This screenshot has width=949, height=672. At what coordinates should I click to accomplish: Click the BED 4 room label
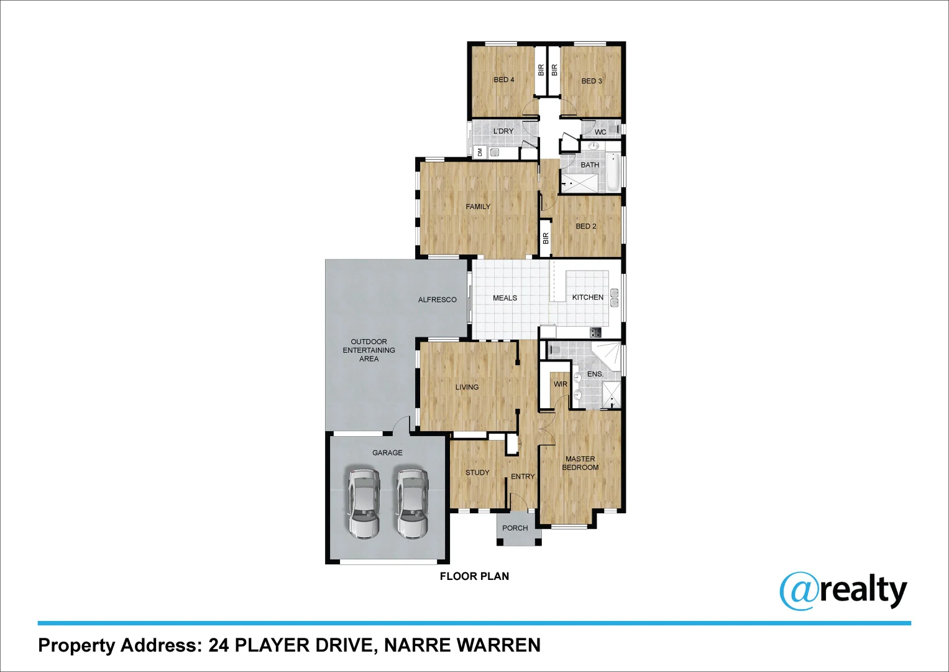(504, 80)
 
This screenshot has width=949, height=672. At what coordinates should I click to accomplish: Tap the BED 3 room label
(592, 81)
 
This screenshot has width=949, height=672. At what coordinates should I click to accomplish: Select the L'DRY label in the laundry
(503, 131)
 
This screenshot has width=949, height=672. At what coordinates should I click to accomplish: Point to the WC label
(600, 133)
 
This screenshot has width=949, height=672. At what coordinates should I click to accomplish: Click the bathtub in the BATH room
(613, 172)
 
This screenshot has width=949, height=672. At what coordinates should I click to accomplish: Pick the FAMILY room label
(478, 207)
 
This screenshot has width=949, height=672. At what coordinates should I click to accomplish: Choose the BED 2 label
(585, 226)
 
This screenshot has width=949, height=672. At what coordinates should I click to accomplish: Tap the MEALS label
(505, 298)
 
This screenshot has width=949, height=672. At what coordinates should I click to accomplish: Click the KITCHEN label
(587, 297)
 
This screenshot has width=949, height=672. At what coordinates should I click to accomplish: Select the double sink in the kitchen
(615, 297)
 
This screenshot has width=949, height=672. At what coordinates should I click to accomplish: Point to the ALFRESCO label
(437, 300)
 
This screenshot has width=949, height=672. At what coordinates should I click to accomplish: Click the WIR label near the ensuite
(560, 385)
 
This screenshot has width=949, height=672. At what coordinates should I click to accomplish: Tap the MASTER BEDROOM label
(580, 464)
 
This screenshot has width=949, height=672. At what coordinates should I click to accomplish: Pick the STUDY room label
(477, 473)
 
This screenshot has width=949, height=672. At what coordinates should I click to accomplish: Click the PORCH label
(515, 528)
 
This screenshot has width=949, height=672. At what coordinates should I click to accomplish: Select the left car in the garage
(364, 503)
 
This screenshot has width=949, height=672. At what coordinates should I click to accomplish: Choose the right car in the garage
(413, 503)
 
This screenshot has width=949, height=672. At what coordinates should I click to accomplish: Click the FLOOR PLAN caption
(474, 576)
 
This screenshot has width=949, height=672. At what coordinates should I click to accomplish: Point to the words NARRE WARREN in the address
(462, 645)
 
